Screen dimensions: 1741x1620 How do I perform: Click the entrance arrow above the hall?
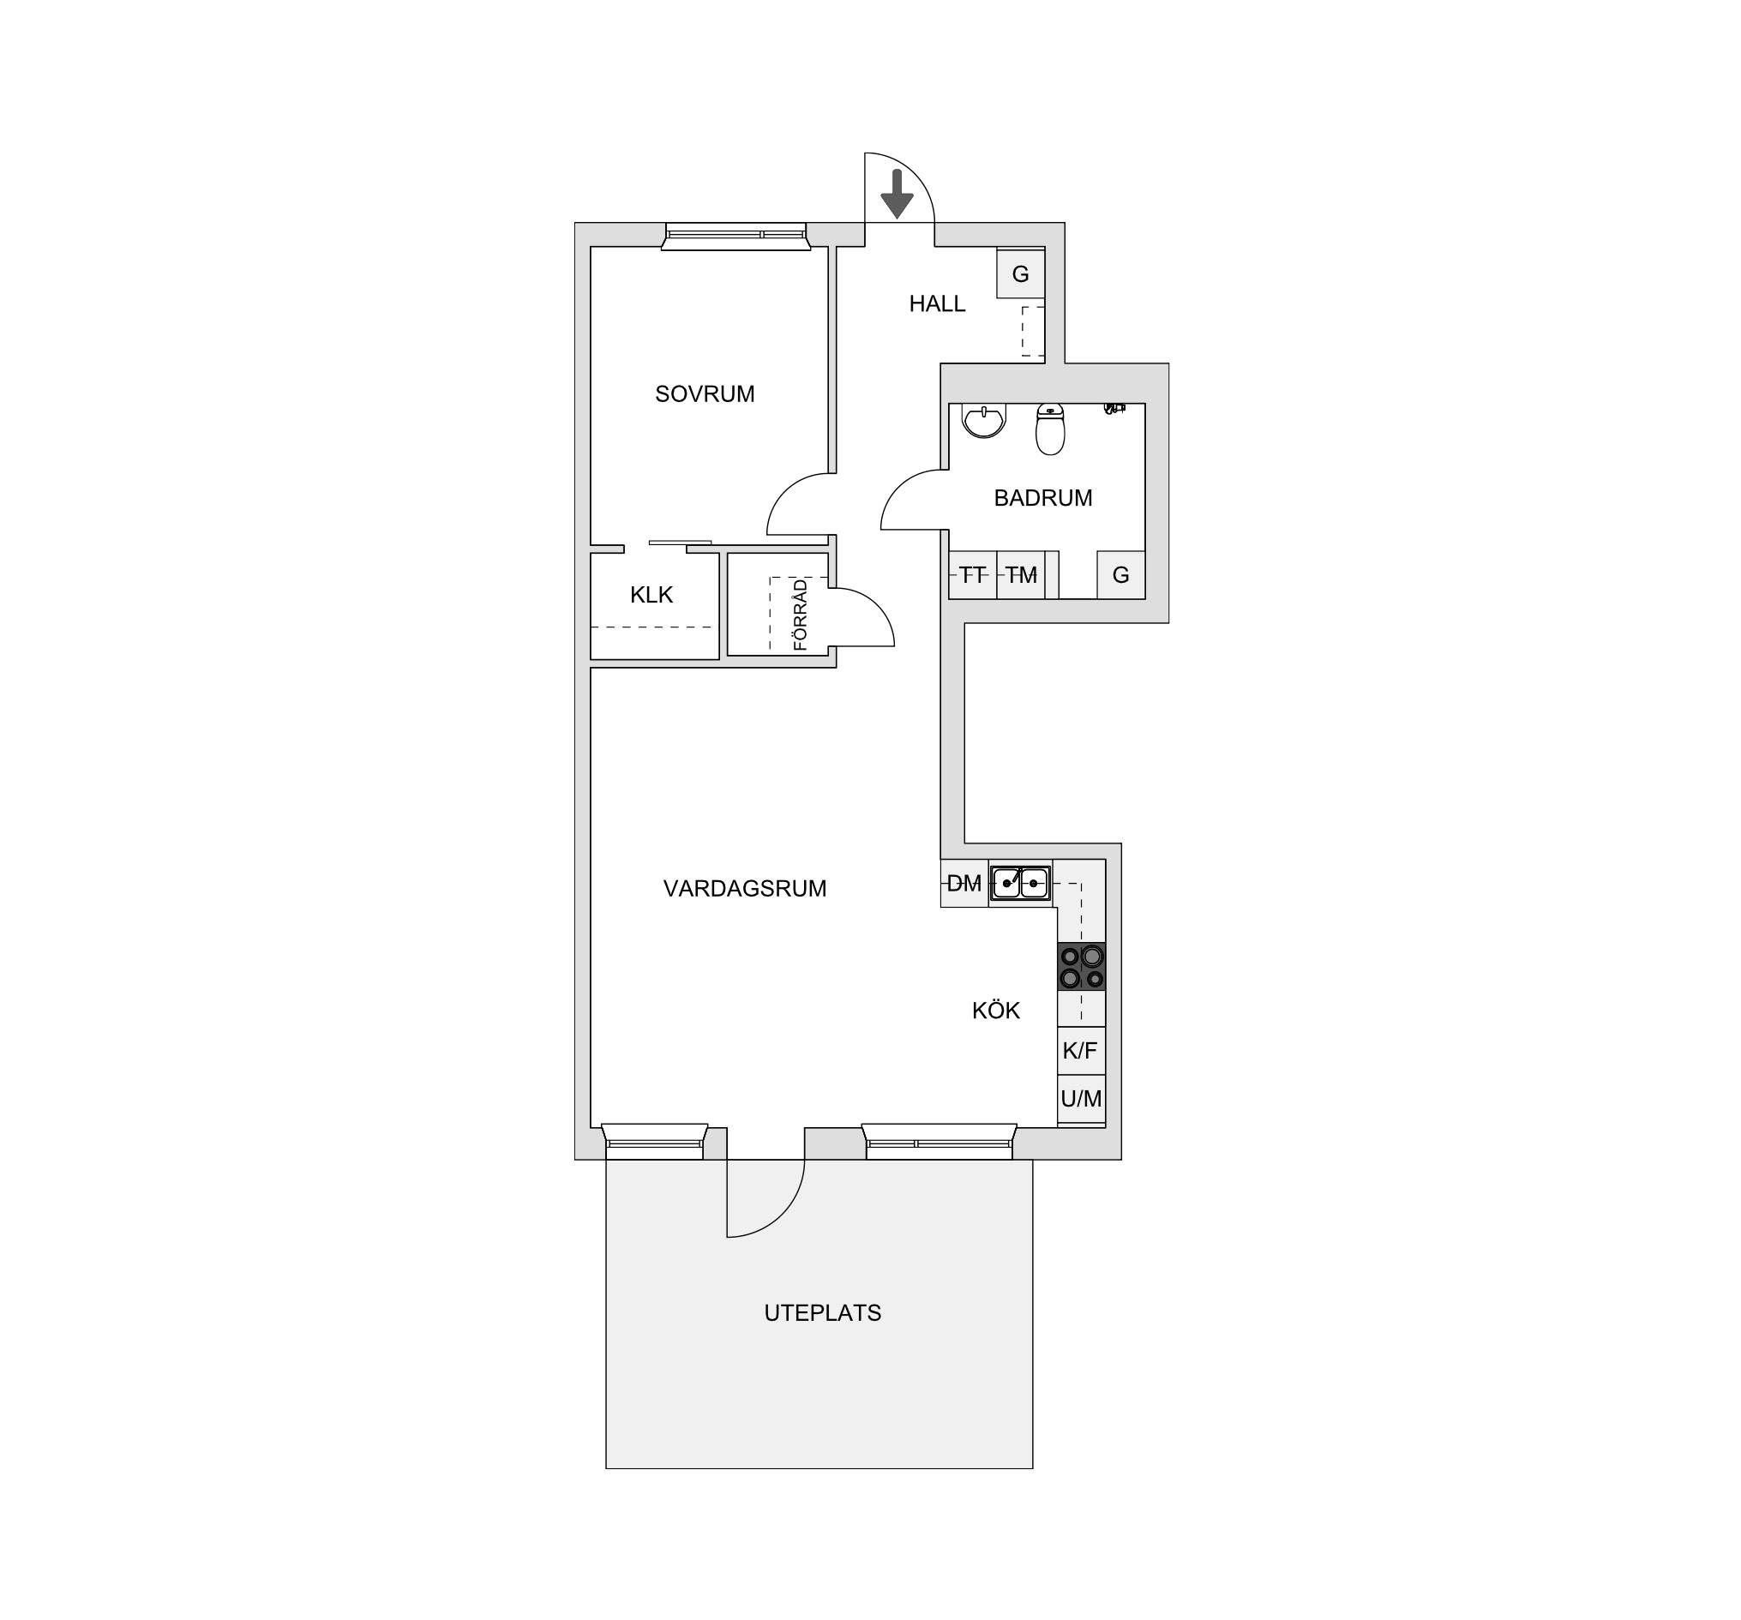pos(897,194)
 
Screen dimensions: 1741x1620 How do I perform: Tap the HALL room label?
pos(937,304)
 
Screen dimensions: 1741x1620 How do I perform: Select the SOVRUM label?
pos(705,394)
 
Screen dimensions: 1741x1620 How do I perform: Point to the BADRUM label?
pos(1043,498)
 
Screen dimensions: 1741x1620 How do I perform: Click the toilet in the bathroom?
pos(1050,429)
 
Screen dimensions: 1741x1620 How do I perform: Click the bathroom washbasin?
pos(984,420)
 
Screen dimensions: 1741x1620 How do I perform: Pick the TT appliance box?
pos(973,575)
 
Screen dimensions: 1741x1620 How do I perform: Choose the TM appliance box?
pos(1021,575)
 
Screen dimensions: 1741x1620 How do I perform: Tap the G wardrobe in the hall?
pos(1021,274)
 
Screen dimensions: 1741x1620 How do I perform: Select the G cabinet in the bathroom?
pos(1121,575)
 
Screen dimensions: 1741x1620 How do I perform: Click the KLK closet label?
pos(651,596)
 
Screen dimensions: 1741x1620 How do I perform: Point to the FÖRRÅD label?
pos(801,615)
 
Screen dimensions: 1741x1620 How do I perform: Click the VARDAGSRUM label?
pos(745,889)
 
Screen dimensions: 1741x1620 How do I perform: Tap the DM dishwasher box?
pos(965,884)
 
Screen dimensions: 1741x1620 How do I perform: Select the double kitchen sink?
pos(1020,883)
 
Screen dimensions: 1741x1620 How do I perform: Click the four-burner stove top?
pos(1082,967)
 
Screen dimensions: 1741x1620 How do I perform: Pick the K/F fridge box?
pos(1082,1051)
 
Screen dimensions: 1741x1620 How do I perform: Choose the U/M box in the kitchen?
pos(1082,1099)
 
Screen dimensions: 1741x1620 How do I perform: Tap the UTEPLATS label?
pos(823,1313)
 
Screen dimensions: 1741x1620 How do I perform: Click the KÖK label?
pos(997,1011)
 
